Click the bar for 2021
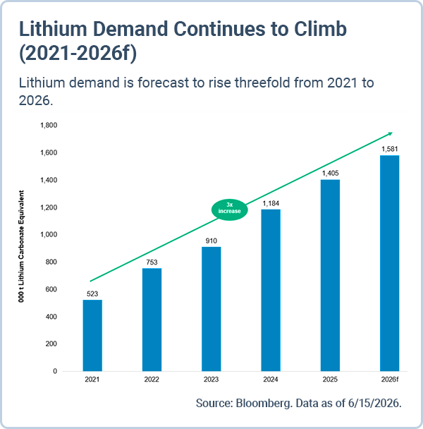92,335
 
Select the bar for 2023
211,309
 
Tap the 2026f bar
390,263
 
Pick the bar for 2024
271,290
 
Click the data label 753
152,262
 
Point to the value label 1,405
331,173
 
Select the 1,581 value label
390,149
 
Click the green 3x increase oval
230,210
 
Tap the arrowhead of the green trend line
391,133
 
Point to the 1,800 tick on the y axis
49,126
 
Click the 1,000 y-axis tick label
49,235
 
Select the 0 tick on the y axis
55,371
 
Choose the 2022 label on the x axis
152,380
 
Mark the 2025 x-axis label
330,380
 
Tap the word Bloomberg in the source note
263,404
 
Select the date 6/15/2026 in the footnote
374,403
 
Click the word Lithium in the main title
52,29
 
